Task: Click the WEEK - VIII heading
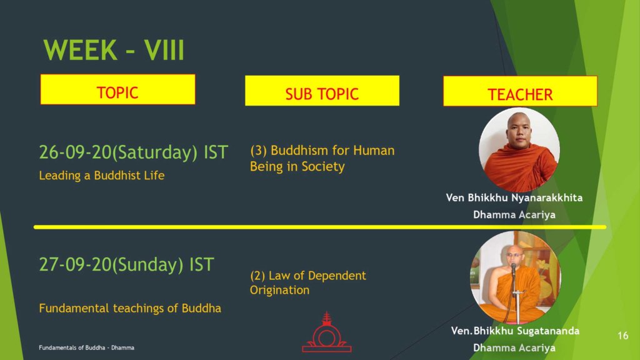(114, 50)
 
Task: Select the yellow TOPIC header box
(117, 89)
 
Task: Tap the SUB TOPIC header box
(322, 91)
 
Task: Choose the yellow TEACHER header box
(520, 91)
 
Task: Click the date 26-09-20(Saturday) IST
(134, 152)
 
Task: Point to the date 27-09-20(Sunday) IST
(126, 265)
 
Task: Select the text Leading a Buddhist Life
(102, 176)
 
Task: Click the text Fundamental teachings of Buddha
(130, 308)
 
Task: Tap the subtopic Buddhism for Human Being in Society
(322, 158)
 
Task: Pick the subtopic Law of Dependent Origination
(308, 282)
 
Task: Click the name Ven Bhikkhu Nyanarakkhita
(514, 198)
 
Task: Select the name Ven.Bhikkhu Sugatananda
(515, 331)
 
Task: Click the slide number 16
(623, 336)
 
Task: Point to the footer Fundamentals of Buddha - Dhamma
(86, 347)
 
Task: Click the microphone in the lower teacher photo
(514, 269)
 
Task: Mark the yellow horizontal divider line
(320, 227)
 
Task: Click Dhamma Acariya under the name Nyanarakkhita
(514, 215)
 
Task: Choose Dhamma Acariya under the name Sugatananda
(514, 347)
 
